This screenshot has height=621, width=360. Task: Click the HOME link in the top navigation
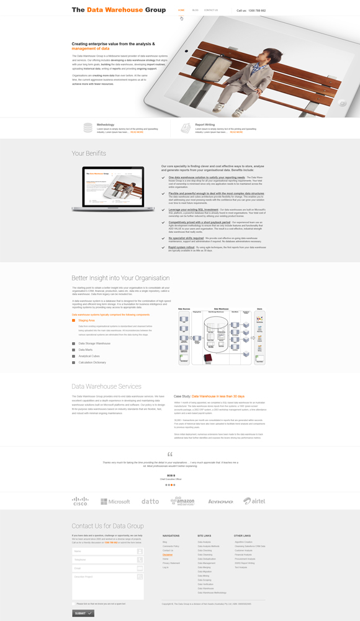click(x=181, y=10)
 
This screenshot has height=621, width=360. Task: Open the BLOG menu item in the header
click(x=196, y=10)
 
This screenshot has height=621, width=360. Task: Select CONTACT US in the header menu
click(x=211, y=10)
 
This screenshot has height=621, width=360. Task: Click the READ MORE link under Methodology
click(x=137, y=132)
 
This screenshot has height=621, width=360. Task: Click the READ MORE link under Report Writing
click(x=236, y=132)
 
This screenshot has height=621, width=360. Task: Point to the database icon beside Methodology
click(x=88, y=127)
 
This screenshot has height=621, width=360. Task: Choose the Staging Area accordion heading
click(x=86, y=320)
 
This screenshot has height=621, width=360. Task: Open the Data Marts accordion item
click(x=86, y=350)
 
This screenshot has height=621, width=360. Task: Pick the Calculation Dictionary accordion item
click(x=92, y=362)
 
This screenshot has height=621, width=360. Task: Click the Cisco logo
click(x=80, y=501)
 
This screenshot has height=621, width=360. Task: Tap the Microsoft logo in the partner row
click(x=115, y=501)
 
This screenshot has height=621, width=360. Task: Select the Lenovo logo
click(x=220, y=501)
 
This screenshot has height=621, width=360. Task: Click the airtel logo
click(x=254, y=501)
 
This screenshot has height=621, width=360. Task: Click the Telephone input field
click(x=107, y=560)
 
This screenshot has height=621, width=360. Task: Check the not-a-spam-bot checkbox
click(x=74, y=603)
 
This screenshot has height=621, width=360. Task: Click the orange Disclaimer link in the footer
click(x=168, y=555)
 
